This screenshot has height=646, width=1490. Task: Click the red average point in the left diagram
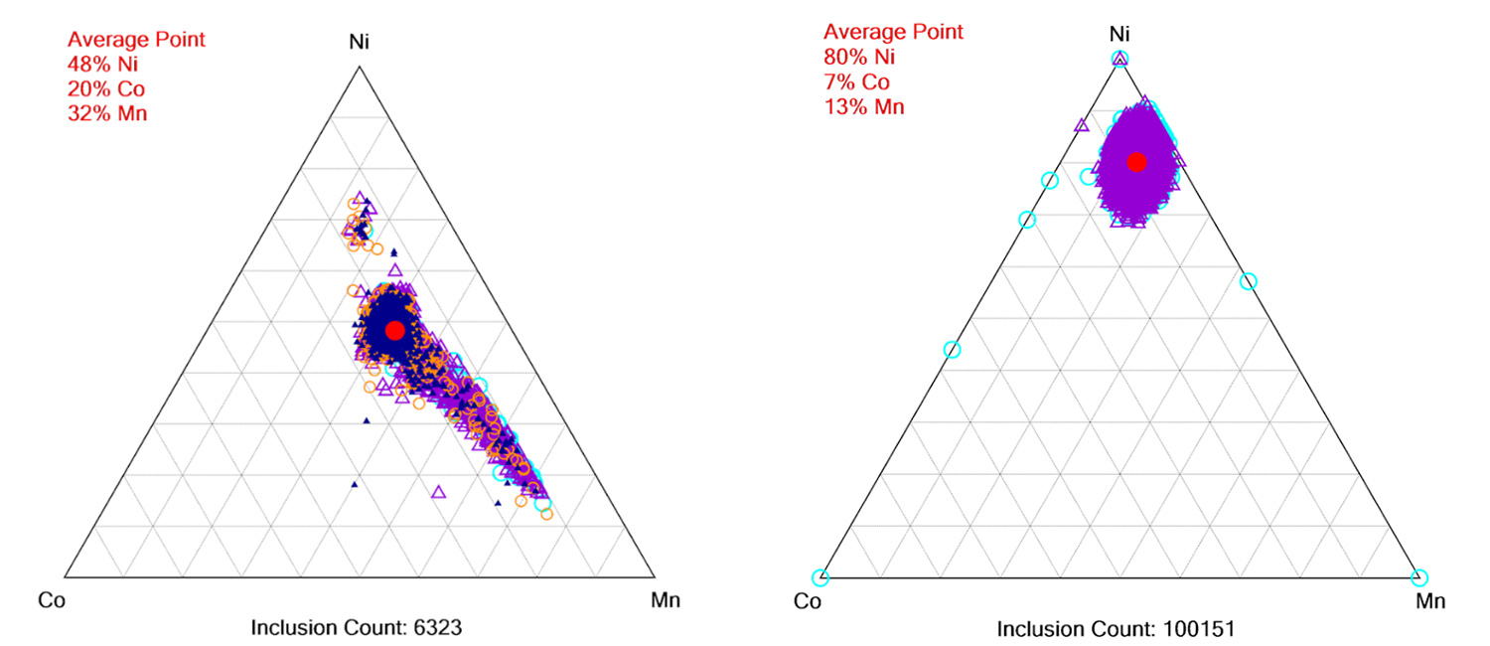[395, 330]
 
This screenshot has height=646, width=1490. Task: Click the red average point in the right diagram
[1137, 161]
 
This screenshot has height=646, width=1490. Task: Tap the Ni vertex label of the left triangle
[360, 44]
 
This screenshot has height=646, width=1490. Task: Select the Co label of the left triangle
[51, 599]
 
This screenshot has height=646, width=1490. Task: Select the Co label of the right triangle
[809, 601]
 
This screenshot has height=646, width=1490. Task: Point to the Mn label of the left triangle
[665, 599]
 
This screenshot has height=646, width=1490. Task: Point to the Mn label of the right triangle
[1430, 601]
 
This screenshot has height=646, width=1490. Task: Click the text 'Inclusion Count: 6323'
[357, 627]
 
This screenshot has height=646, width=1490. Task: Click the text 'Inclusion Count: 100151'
[1116, 629]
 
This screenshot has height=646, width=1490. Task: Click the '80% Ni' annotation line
[853, 57]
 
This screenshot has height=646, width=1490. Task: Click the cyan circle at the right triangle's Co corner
[819, 577]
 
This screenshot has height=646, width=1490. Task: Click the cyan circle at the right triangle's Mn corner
[1418, 577]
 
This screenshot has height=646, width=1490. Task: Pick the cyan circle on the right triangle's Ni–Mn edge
[1249, 281]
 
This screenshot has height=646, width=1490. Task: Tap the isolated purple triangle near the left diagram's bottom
[439, 491]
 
